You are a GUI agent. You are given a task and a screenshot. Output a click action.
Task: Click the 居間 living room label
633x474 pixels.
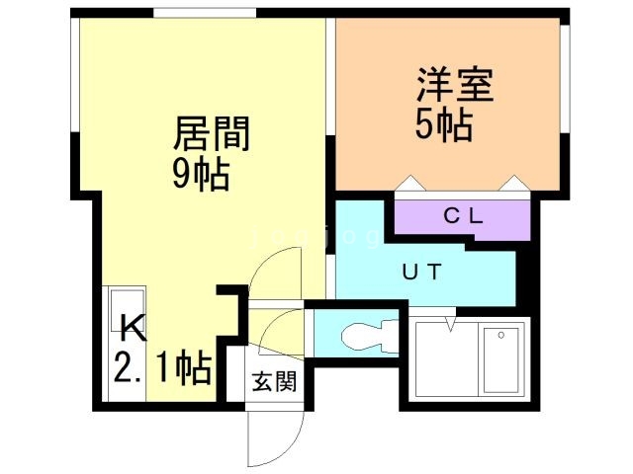(212, 133)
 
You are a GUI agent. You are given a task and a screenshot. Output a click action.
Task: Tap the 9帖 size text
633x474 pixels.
(201, 175)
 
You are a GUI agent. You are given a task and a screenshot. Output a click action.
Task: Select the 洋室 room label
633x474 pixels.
(455, 85)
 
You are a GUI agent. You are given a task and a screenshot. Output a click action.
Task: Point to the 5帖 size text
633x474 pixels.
(444, 125)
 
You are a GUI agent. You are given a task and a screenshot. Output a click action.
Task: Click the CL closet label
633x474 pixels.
(463, 216)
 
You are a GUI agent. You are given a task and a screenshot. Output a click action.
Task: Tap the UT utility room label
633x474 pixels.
(422, 272)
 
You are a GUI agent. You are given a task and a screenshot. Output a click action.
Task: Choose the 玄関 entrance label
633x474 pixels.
(274, 381)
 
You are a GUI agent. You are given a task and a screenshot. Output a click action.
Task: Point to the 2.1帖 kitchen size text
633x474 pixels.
(162, 367)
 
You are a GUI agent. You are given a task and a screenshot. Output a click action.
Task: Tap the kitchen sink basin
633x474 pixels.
(128, 303)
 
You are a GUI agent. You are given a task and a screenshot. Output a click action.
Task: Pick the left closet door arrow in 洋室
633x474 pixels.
(410, 183)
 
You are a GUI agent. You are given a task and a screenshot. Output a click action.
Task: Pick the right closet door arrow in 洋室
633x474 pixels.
(513, 183)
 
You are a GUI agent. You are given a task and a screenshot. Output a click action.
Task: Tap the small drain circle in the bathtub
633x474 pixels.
(501, 335)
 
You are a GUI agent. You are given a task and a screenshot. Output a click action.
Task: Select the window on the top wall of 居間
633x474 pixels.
(205, 13)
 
